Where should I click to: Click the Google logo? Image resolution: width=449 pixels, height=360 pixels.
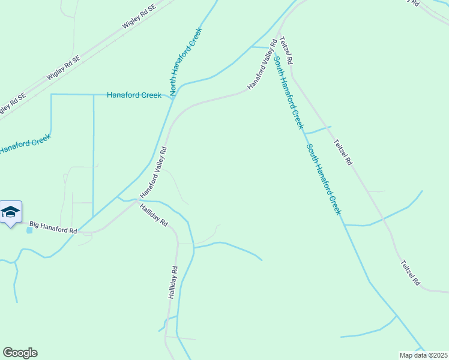[x=20, y=353]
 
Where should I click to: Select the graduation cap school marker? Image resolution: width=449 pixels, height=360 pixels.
[x=11, y=212]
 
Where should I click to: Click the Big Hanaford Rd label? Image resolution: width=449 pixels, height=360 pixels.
[x=53, y=227]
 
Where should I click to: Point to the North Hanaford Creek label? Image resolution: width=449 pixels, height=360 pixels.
[x=186, y=61]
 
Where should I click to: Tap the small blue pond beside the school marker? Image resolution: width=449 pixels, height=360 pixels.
[x=29, y=230]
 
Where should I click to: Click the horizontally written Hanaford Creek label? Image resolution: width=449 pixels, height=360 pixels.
[x=134, y=95]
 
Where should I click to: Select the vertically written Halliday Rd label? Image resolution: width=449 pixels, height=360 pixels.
[x=173, y=283]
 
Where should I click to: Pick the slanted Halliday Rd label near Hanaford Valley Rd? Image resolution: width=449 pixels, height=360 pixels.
[x=153, y=214]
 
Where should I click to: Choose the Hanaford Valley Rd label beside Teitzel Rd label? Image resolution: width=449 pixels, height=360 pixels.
[x=262, y=65]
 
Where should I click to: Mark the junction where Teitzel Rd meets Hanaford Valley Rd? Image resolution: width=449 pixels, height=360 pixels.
[x=279, y=34]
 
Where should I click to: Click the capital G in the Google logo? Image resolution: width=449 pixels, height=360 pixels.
[x=8, y=352]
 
